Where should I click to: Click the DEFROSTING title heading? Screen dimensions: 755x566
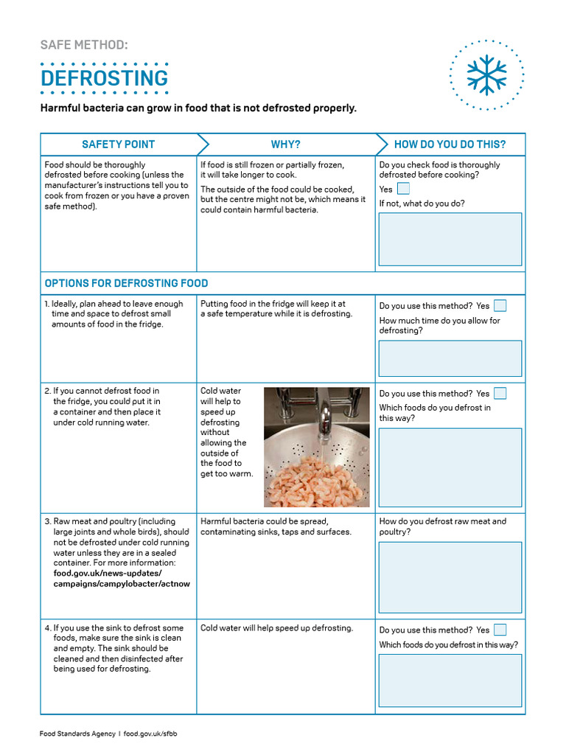click(104, 78)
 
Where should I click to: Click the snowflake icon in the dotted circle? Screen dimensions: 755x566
click(487, 75)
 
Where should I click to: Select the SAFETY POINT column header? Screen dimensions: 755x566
click(119, 145)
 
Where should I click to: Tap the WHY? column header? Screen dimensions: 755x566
click(286, 145)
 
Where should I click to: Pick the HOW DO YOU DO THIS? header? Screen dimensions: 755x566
click(450, 145)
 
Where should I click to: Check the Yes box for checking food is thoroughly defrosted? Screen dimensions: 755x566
click(403, 189)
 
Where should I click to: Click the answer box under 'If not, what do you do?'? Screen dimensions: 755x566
click(450, 239)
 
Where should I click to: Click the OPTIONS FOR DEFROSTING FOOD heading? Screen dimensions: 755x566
click(127, 283)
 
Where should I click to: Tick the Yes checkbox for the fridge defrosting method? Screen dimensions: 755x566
click(500, 305)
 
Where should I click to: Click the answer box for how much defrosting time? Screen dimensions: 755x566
click(450, 358)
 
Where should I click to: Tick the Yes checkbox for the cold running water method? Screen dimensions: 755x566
click(500, 393)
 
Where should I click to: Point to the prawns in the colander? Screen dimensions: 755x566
click(317, 479)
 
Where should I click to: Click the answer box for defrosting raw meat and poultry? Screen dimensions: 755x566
click(450, 577)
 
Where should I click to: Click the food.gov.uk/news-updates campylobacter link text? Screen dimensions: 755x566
click(122, 579)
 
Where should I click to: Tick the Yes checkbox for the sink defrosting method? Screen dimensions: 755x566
click(500, 630)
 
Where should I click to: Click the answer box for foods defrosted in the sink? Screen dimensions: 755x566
click(450, 680)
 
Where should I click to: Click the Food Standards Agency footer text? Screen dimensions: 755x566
click(78, 734)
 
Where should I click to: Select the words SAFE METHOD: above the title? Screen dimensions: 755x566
click(84, 45)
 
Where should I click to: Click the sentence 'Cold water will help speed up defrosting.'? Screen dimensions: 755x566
click(277, 628)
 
